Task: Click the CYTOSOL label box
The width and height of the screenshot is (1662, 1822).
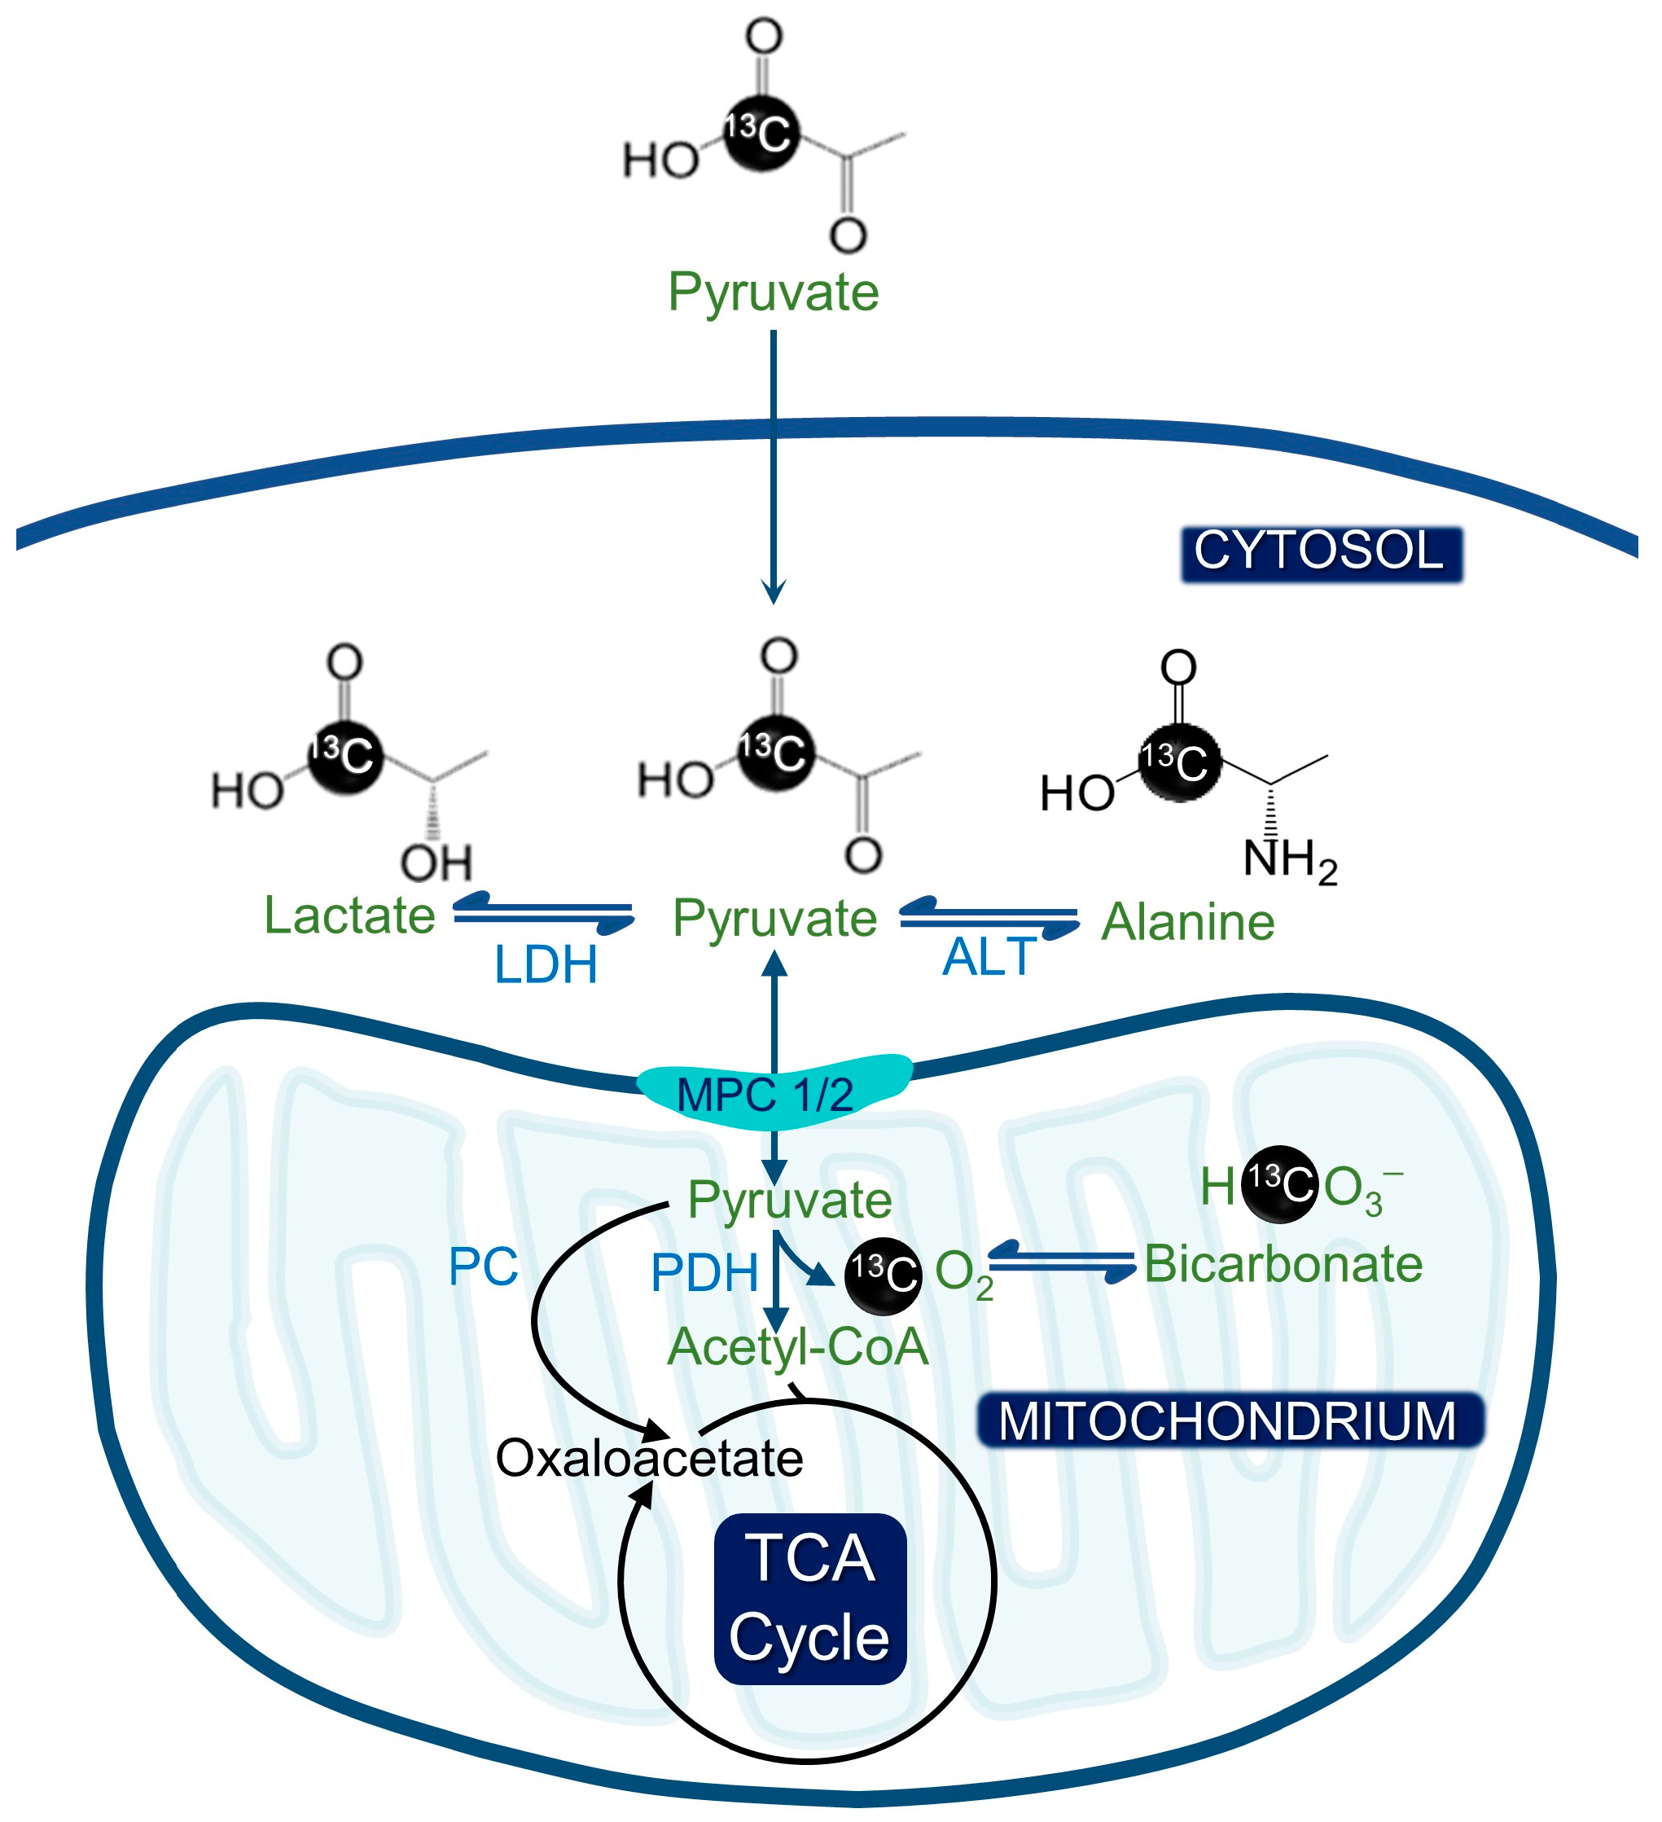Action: pos(1322,553)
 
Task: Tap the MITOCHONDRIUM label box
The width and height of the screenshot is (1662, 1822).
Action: pos(1229,1421)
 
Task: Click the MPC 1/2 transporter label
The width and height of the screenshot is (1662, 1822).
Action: pos(765,1095)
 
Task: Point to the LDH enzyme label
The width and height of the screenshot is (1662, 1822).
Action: pos(545,965)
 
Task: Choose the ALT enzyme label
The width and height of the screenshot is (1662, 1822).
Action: pos(989,957)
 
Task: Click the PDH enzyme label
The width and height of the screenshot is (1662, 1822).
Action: pos(704,1273)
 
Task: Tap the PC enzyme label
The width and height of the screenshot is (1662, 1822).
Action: pos(484,1267)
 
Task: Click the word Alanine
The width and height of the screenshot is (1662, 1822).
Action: pos(1187,922)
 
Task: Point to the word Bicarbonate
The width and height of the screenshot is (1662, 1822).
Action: pos(1283,1263)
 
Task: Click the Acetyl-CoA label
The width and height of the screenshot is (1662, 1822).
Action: pos(797,1346)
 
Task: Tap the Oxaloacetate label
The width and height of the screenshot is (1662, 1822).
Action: pos(649,1458)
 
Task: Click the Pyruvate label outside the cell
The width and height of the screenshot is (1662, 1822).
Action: pos(773,292)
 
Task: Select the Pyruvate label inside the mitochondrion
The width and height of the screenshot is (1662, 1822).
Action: pos(790,1201)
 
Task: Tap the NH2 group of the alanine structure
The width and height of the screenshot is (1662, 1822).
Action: pos(1290,858)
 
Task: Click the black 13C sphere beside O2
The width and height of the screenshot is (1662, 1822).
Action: pos(883,1275)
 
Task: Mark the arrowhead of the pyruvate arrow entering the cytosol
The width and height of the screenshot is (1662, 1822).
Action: pos(774,592)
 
